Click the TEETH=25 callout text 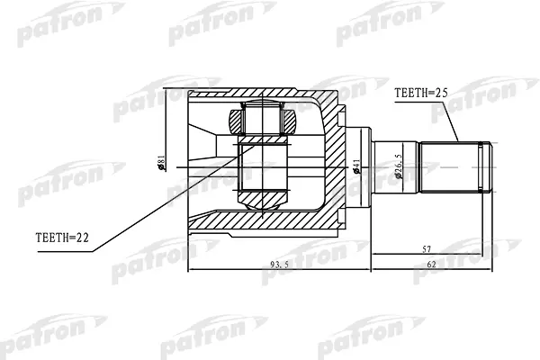click(420, 93)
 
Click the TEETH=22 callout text click(62, 238)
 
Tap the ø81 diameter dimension click(162, 163)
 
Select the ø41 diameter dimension click(356, 166)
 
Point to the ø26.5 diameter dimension click(398, 166)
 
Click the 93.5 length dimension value click(279, 265)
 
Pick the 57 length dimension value click(427, 249)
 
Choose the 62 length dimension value click(431, 265)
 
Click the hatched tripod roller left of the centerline click(235, 122)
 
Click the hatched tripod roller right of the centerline click(289, 122)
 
